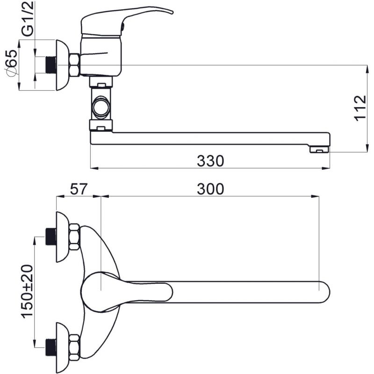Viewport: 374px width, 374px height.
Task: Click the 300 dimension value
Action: coord(210,189)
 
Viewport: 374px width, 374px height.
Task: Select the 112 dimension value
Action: coord(360,108)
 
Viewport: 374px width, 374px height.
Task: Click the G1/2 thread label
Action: coord(28,19)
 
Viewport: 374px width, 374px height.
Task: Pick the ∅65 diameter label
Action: coord(11,63)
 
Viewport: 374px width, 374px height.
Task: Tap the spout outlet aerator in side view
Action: coord(319,150)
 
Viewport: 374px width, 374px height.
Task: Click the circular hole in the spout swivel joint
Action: coord(101,108)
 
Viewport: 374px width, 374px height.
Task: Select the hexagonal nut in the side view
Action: coord(74,65)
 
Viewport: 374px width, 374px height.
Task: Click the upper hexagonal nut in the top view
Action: coord(74,237)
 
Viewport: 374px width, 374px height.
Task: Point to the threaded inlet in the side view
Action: coord(51,65)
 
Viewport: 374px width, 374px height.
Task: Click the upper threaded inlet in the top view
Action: coord(51,237)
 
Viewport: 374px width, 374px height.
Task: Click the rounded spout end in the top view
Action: coord(325,292)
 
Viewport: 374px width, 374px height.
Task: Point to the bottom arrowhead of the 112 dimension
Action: coord(367,148)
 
